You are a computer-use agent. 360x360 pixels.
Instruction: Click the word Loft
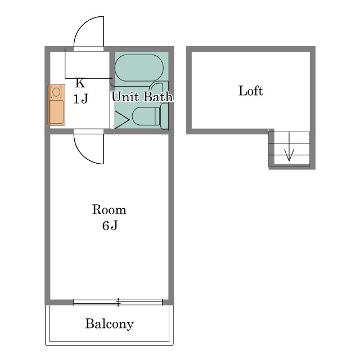[251, 91]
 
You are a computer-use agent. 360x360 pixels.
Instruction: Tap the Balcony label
[109, 324]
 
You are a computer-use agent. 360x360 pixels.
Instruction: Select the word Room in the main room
[109, 209]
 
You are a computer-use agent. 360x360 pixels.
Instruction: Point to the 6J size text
[110, 226]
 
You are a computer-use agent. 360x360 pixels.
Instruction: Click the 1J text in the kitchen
[80, 99]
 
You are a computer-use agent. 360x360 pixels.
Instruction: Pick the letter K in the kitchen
[80, 83]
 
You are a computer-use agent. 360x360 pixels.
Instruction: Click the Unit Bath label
[142, 96]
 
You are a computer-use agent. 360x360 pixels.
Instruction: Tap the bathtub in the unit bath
[139, 68]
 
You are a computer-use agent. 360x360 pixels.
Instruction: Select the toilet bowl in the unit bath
[146, 116]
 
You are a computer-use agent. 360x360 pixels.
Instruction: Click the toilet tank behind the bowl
[164, 116]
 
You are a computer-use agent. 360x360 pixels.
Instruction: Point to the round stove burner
[56, 92]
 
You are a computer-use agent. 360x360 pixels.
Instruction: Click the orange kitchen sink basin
[56, 112]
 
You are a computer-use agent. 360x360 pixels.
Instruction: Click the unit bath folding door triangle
[121, 120]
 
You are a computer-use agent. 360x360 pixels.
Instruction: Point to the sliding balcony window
[118, 303]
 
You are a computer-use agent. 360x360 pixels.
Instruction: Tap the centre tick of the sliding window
[118, 303]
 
